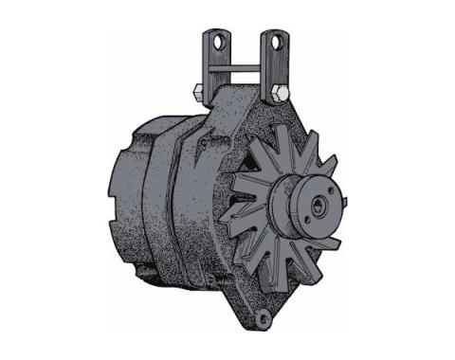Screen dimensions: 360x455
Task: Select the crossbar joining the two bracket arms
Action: point(246,67)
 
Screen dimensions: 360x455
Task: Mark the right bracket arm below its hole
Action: point(272,71)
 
